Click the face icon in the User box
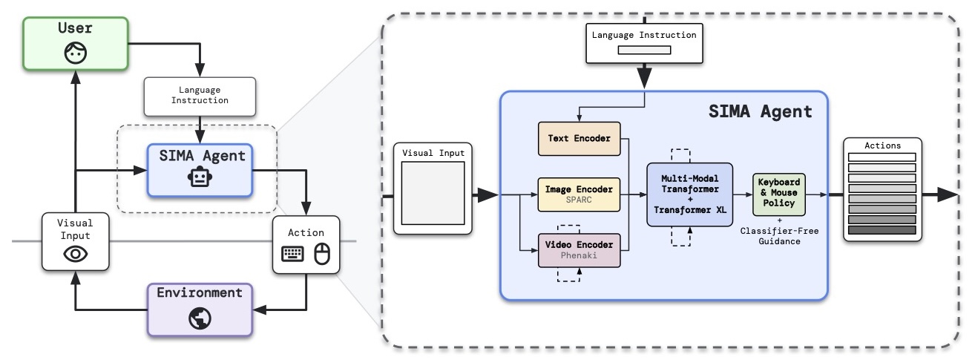(x=75, y=53)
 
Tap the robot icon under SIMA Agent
(x=200, y=177)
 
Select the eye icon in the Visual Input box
(x=75, y=254)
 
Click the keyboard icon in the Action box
(x=292, y=254)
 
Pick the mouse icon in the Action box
(x=322, y=254)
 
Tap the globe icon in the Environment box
(x=200, y=318)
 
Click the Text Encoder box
(x=579, y=138)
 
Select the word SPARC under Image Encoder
(x=579, y=200)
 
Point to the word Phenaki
(x=579, y=255)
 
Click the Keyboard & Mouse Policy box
(x=778, y=194)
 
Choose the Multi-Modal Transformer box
(x=689, y=194)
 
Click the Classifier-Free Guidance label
(x=779, y=236)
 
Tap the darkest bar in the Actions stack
(x=882, y=230)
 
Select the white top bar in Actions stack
(x=882, y=157)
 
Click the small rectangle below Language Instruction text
(x=644, y=50)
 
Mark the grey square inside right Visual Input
(x=433, y=193)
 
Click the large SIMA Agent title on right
(x=760, y=111)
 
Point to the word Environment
(x=200, y=292)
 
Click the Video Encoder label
(x=579, y=245)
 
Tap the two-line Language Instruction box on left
(x=200, y=96)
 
